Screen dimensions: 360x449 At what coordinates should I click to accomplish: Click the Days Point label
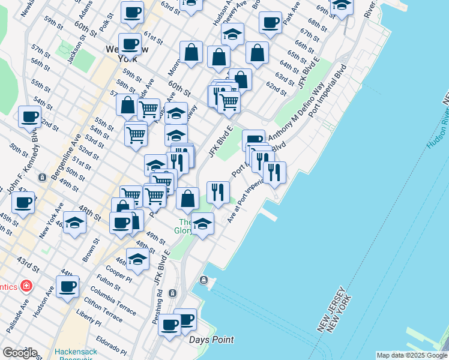(211, 340)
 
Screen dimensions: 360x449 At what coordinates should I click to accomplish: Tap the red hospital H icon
(26, 286)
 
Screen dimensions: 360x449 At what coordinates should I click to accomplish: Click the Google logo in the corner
(19, 353)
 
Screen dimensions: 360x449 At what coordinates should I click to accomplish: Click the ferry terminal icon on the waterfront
(204, 280)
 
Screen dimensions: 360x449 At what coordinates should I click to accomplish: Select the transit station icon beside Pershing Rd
(172, 293)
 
